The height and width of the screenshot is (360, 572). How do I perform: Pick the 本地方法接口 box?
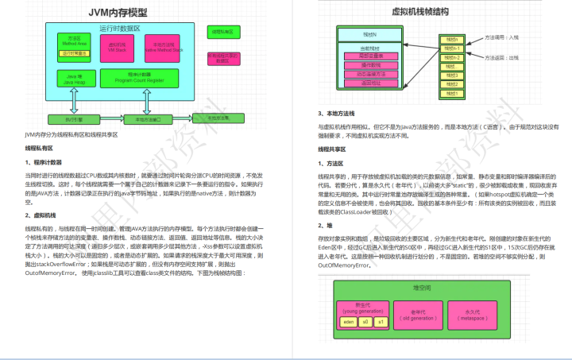[x=148, y=120]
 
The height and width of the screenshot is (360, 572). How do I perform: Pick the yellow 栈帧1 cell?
[x=452, y=93]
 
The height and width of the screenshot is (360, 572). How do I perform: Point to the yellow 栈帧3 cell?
[x=452, y=75]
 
